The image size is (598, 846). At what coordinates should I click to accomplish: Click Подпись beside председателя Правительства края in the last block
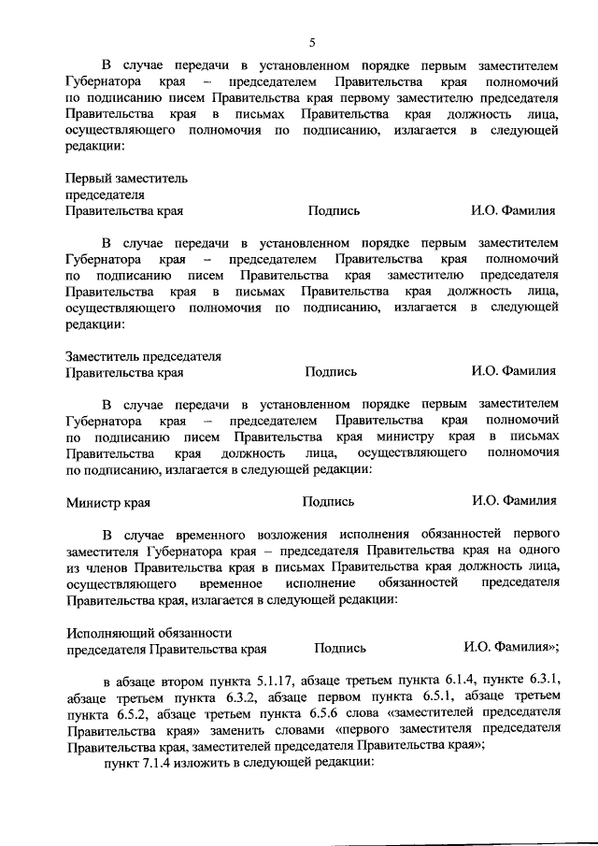(x=340, y=647)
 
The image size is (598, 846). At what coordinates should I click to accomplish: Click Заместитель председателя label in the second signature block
(x=143, y=356)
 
